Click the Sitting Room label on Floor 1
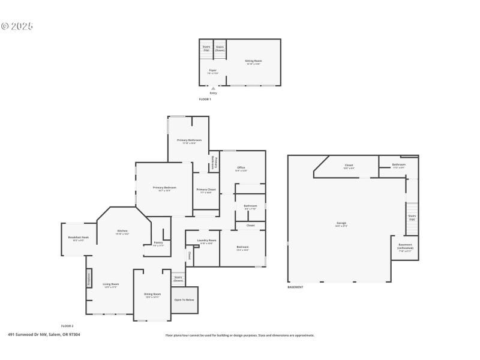pos(253,62)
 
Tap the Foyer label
pos(212,71)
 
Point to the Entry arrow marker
pos(213,89)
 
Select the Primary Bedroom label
pos(164,188)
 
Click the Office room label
pos(241,169)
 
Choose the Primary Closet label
pos(206,191)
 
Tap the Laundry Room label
pos(206,241)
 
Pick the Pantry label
pos(158,244)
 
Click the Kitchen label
pos(122,232)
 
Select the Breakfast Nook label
pos(79,238)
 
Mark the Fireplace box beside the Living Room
pos(89,278)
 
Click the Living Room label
pos(111,285)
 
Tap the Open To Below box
pos(184,299)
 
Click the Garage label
pos(341,224)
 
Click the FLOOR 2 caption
pos(67,325)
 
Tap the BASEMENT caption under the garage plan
pos(295,287)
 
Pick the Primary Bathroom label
pos(189,141)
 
